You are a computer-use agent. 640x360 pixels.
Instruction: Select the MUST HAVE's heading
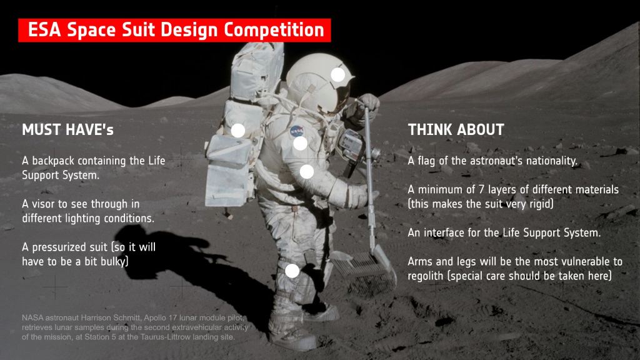click(x=67, y=130)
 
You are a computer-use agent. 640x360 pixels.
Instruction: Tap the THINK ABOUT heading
click(x=456, y=130)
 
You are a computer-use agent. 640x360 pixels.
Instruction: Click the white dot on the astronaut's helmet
click(x=338, y=75)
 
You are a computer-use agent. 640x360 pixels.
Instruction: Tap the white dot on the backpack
click(x=238, y=131)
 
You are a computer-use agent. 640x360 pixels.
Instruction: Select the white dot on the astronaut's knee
click(x=292, y=271)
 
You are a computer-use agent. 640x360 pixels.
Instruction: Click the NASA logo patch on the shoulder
click(x=297, y=131)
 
